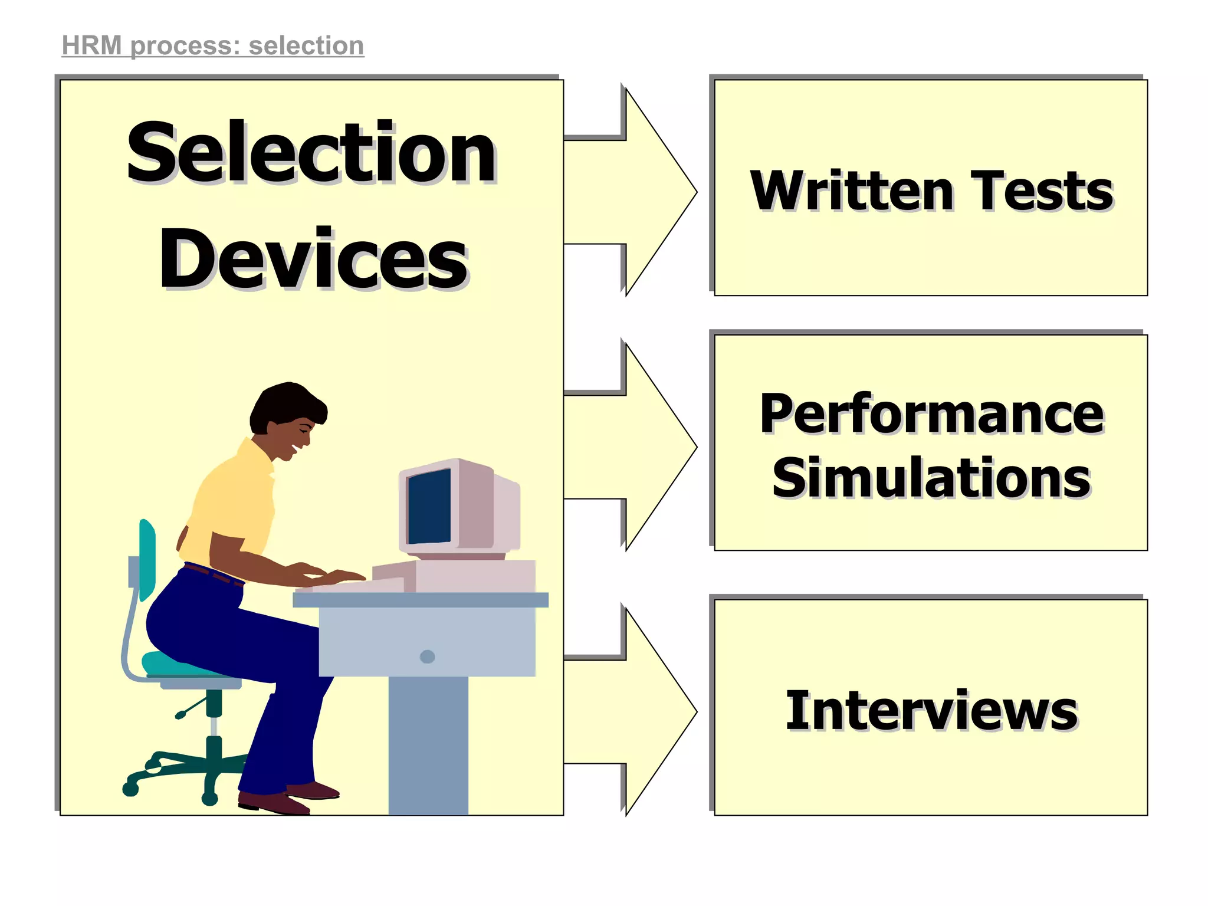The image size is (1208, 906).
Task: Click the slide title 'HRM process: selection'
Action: (x=213, y=46)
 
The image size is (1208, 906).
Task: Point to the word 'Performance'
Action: (x=931, y=414)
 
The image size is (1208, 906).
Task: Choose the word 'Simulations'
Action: (x=931, y=478)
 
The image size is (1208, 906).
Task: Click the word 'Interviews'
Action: (x=931, y=711)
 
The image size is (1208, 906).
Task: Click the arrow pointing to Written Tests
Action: (x=637, y=192)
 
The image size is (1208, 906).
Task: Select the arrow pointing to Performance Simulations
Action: (x=637, y=447)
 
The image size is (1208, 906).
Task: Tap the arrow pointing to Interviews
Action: (x=637, y=711)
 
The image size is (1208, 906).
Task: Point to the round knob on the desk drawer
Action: (x=427, y=656)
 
